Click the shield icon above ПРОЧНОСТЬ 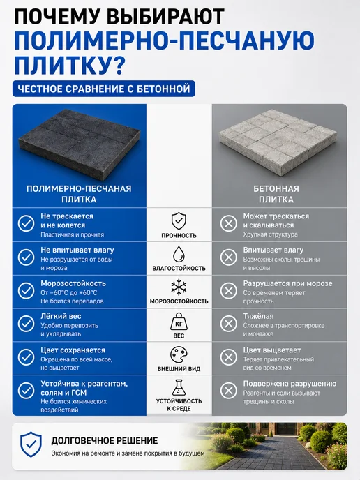click(x=179, y=220)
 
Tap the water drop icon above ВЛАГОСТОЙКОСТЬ click(x=179, y=254)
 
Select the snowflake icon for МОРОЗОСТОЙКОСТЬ click(x=179, y=287)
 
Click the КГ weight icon click(x=179, y=322)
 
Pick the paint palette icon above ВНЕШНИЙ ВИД click(x=179, y=355)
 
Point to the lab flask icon click(x=179, y=387)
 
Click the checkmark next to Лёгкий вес click(x=26, y=324)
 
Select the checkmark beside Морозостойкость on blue click(x=26, y=290)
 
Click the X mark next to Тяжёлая click(x=229, y=324)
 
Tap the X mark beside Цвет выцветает click(x=229, y=357)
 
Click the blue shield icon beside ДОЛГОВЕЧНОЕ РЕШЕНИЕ click(x=31, y=444)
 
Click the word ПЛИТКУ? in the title click(x=69, y=65)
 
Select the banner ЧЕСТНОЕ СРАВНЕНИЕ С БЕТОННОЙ click(x=104, y=89)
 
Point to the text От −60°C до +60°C click(x=69, y=292)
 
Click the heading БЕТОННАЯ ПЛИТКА click(x=276, y=194)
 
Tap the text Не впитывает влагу click(x=77, y=250)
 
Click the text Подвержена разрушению click(x=290, y=384)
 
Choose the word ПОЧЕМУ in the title click(x=58, y=16)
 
